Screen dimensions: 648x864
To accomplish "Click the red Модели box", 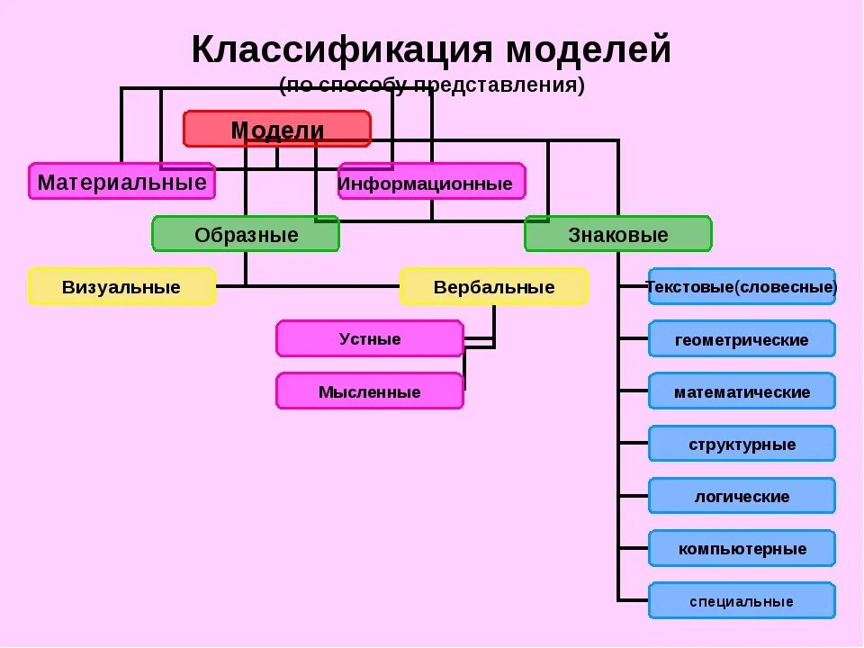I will [277, 129].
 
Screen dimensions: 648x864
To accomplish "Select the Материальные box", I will [121, 182].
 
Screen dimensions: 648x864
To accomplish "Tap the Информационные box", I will [431, 183].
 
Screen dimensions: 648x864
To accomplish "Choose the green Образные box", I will [246, 234].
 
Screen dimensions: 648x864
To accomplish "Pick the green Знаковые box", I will [617, 234].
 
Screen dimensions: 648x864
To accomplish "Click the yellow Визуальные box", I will [121, 287].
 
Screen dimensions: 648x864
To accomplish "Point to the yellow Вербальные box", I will [493, 287].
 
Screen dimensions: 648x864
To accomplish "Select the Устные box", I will [370, 338].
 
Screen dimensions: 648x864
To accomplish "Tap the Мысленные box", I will [370, 391].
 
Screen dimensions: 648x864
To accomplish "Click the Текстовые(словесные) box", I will [742, 287].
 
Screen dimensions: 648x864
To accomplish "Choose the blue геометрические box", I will [742, 339].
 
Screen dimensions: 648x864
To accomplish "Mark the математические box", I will [742, 391].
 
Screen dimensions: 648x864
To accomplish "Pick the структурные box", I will [742, 444].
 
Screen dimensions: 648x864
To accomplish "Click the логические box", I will [742, 496].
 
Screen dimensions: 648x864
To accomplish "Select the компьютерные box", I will [742, 548].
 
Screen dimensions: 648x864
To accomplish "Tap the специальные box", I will [742, 600].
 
